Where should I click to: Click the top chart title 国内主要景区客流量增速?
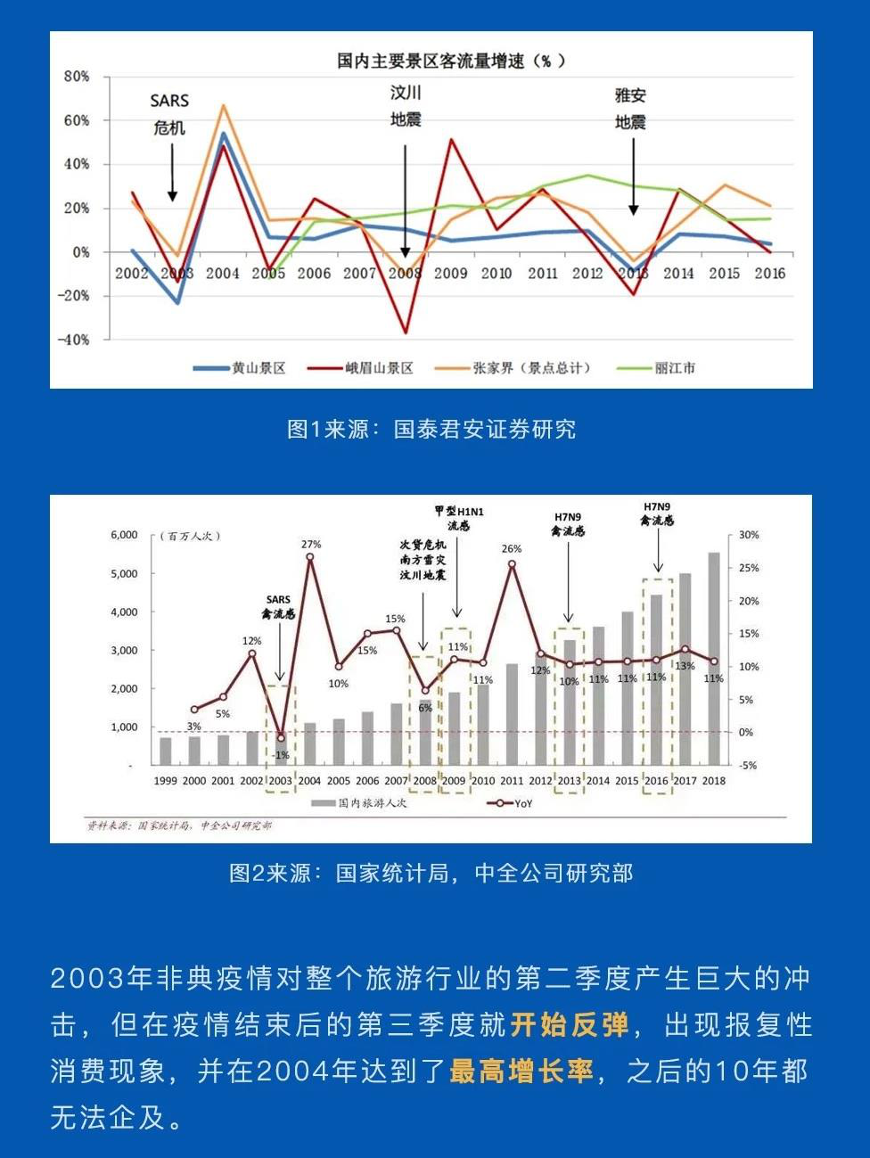[450, 61]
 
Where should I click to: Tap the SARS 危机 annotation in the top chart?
[169, 114]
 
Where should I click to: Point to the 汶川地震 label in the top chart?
[406, 106]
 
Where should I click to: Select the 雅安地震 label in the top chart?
[630, 109]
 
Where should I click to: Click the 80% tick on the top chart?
[77, 77]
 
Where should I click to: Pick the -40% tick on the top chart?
[74, 340]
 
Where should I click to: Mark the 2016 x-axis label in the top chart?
[770, 274]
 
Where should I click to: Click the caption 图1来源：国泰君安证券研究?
[431, 429]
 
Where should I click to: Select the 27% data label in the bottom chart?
[311, 544]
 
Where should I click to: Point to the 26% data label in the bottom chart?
[512, 548]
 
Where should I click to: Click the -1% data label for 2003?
[281, 755]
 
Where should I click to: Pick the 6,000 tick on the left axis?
[124, 535]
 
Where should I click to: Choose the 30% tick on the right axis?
[749, 535]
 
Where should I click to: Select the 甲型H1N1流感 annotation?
[458, 518]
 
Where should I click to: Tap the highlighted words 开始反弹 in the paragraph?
[570, 1024]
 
